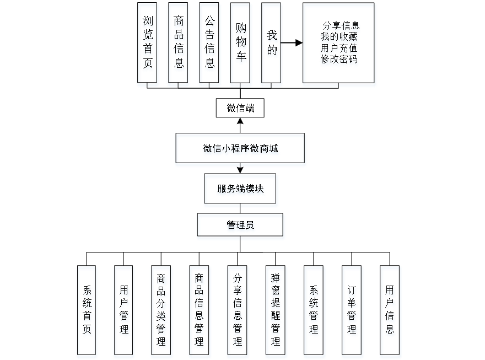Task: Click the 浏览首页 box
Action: [148, 45]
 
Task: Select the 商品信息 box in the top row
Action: [179, 45]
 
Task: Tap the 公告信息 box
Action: [210, 45]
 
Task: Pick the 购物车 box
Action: [241, 45]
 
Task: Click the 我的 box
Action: [272, 45]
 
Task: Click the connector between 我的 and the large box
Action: [293, 42]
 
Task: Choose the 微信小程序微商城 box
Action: [240, 150]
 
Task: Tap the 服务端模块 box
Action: [241, 190]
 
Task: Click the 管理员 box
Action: [241, 227]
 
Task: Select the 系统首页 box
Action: [87, 312]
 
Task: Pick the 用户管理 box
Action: [124, 312]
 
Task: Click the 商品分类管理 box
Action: [161, 312]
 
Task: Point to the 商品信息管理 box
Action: [200, 312]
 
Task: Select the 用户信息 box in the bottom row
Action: [390, 312]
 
